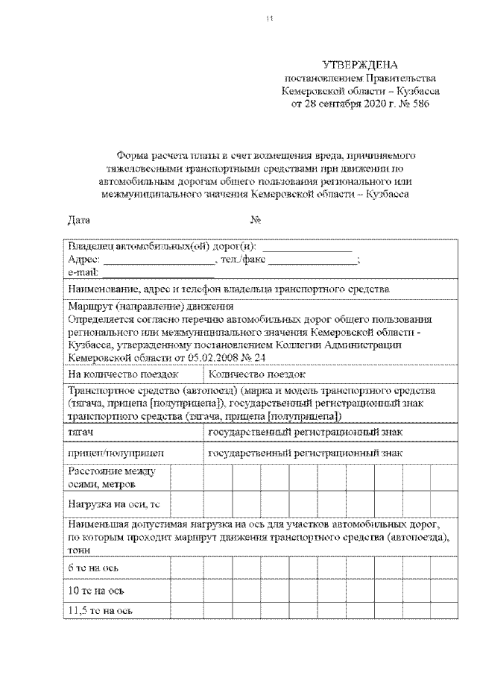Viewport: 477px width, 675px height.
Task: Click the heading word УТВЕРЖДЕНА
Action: tap(361, 66)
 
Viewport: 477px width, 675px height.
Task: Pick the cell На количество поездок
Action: tap(122, 374)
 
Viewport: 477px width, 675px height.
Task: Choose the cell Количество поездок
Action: tap(257, 374)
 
